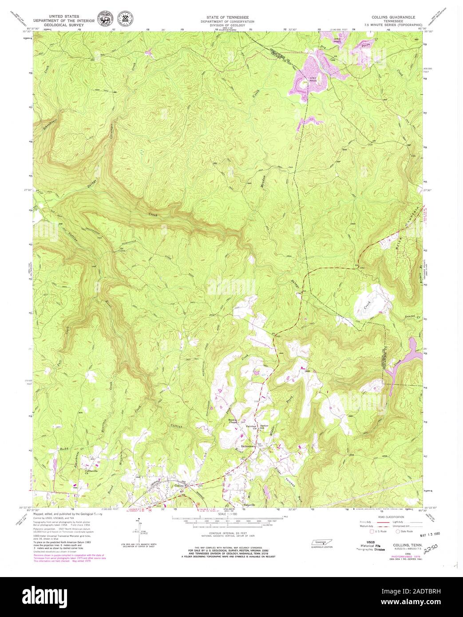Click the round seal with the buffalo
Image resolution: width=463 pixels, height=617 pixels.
[106, 21]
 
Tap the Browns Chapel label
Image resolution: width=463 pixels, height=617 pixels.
[234, 421]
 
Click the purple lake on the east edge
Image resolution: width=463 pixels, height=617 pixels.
[415, 347]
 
